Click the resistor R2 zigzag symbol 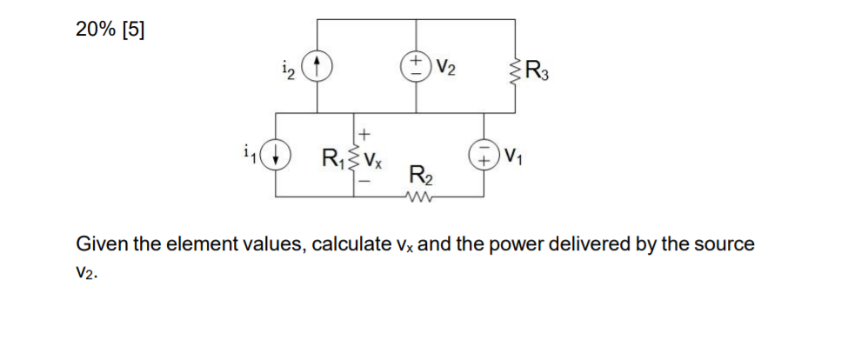pos(420,197)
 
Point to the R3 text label pos(537,67)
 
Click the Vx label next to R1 pos(375,160)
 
